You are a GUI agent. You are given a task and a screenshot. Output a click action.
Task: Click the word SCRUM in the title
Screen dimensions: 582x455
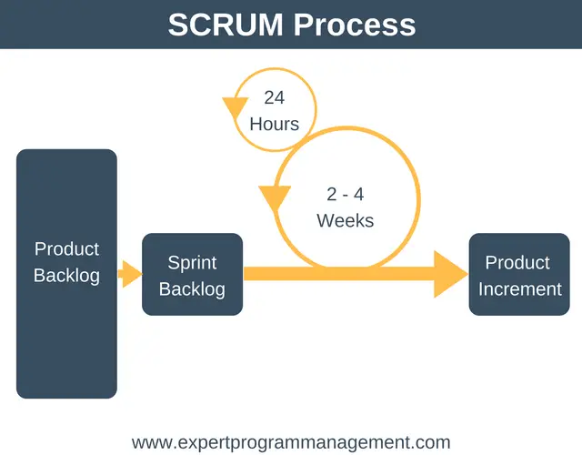(x=226, y=25)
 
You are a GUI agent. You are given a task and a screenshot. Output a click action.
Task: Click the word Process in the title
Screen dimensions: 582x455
(x=355, y=25)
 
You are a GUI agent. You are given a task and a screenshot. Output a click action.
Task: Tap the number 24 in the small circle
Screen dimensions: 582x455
(x=275, y=97)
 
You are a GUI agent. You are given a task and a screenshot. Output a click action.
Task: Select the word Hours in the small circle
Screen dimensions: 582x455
(x=275, y=124)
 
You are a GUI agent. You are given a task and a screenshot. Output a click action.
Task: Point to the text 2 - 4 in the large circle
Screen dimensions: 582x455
(x=346, y=194)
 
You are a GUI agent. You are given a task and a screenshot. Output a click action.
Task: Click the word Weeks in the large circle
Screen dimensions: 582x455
(x=346, y=220)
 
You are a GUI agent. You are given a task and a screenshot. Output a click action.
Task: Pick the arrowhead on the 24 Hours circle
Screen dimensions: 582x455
(x=236, y=107)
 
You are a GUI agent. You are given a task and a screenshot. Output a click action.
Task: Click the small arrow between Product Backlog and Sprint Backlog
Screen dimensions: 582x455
(x=130, y=274)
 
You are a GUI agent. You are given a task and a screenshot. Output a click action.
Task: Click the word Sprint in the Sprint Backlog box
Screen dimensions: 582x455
(x=192, y=263)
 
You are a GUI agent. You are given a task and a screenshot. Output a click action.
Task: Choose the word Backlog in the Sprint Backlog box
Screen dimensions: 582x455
(x=192, y=289)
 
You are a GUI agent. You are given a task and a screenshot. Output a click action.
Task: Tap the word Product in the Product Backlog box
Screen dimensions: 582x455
(x=66, y=248)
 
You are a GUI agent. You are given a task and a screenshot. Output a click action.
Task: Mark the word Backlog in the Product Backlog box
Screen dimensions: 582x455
(x=66, y=276)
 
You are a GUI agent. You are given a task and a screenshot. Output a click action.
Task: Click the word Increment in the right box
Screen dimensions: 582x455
(x=519, y=289)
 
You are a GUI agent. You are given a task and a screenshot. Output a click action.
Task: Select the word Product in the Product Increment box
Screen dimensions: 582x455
(x=517, y=263)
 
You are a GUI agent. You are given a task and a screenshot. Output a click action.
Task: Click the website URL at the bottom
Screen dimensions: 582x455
(x=291, y=443)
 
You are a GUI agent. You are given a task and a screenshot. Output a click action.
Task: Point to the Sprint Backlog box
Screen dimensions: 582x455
(x=192, y=275)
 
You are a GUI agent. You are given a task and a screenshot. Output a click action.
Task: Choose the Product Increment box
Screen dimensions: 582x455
(x=519, y=275)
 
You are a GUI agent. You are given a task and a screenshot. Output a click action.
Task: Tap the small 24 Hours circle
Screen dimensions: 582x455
(x=316, y=109)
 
